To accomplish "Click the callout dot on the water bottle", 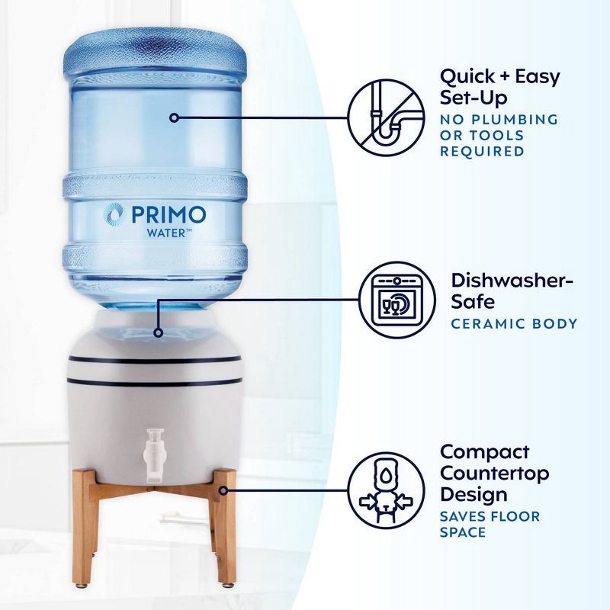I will click(175, 118).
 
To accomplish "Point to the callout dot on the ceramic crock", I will click(158, 332).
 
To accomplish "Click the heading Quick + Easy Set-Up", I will click(499, 87).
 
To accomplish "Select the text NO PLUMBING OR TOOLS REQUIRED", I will click(498, 135).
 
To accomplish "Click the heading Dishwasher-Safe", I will click(512, 291).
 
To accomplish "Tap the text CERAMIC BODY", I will click(514, 323).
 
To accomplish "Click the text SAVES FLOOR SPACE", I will click(490, 524).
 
